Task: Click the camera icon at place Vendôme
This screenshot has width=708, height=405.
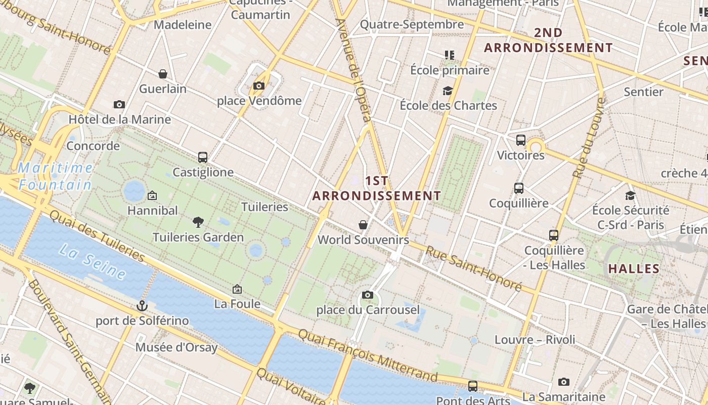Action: click(259, 86)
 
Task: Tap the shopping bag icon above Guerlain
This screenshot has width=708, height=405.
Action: click(163, 74)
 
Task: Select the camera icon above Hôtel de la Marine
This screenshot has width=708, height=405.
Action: click(119, 105)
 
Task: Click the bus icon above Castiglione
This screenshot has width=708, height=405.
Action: click(203, 157)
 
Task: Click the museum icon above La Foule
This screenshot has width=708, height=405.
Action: click(237, 289)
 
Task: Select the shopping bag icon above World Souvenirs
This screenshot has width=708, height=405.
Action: click(363, 224)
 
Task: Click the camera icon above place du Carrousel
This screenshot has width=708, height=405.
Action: click(368, 295)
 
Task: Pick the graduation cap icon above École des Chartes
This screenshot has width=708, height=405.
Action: click(448, 91)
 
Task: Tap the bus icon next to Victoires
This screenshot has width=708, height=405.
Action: click(521, 140)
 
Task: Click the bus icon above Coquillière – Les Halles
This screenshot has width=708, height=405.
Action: click(554, 235)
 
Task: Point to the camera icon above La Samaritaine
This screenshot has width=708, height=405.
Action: click(564, 382)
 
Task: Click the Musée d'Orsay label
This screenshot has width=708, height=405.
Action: click(176, 347)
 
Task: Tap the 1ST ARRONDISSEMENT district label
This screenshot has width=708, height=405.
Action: click(377, 188)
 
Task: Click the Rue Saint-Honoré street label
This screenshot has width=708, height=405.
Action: click(473, 268)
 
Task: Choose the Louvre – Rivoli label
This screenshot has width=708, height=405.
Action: click(535, 339)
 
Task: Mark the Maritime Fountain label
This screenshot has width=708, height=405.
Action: click(56, 176)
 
